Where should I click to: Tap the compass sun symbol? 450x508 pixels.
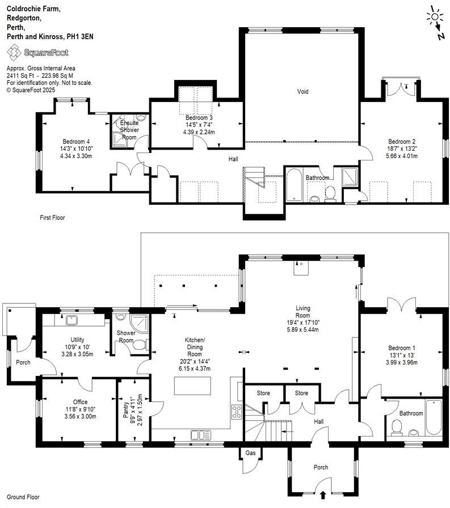click(x=435, y=16)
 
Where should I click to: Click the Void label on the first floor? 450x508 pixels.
click(x=303, y=91)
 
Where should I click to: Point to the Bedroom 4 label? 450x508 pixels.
click(x=76, y=141)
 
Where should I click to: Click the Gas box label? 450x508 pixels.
click(x=250, y=453)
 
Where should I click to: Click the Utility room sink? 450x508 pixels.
click(x=71, y=321)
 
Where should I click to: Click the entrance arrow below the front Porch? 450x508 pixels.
click(x=323, y=494)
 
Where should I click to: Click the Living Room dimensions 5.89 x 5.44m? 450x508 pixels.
click(x=302, y=329)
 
